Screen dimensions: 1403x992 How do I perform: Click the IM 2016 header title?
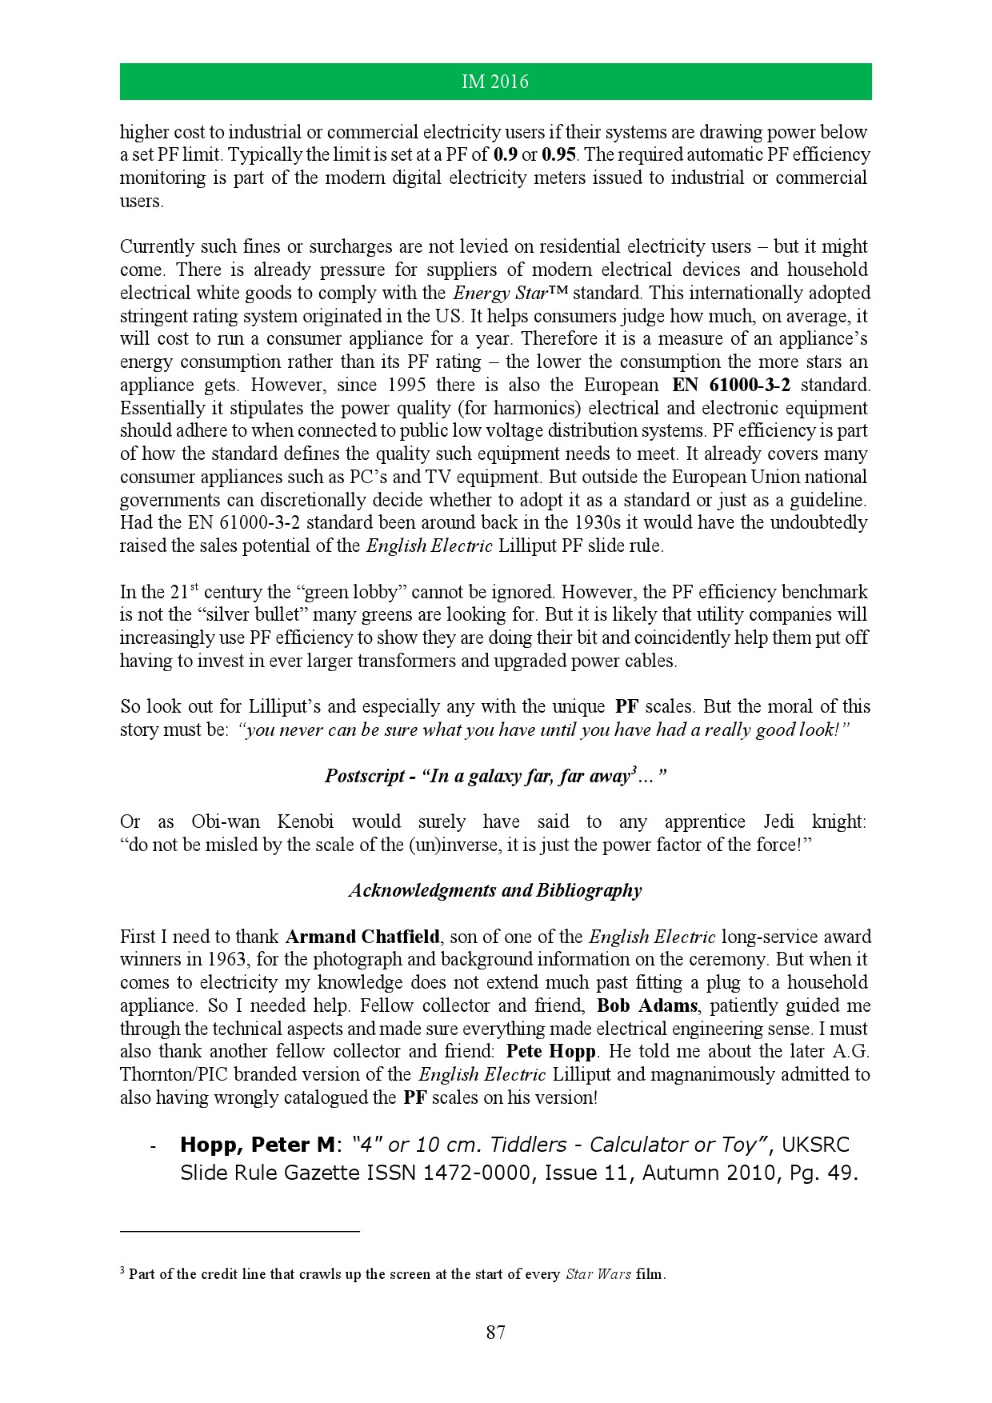point(495,82)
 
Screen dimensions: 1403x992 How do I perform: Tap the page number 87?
point(495,1332)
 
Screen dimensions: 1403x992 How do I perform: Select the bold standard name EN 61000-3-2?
point(731,385)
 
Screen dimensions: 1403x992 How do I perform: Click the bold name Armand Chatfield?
point(362,937)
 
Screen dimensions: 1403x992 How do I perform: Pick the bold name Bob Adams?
point(646,1005)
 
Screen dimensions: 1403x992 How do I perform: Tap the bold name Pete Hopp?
point(551,1051)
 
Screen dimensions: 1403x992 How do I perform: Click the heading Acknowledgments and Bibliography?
point(495,890)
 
